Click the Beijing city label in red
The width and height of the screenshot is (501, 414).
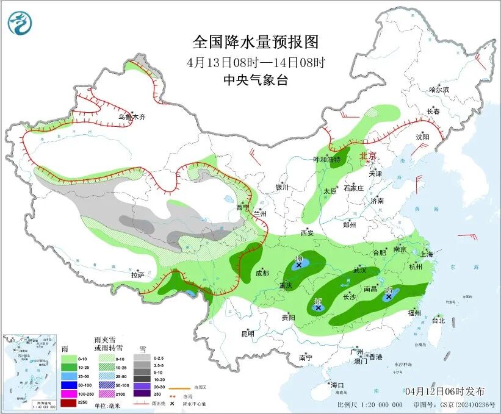pyautogui.click(x=369, y=156)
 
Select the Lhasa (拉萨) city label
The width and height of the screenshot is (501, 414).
pyautogui.click(x=137, y=275)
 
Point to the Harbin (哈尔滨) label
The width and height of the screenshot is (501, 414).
pyautogui.click(x=439, y=90)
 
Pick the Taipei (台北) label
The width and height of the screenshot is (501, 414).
pyautogui.click(x=439, y=320)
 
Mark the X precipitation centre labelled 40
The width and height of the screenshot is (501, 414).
pyautogui.click(x=299, y=265)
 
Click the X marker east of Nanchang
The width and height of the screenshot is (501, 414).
pyautogui.click(x=388, y=297)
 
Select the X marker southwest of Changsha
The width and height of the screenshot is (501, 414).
pyautogui.click(x=318, y=308)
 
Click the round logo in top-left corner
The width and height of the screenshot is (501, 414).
pyautogui.click(x=20, y=23)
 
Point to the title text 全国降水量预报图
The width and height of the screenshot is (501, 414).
pyautogui.click(x=255, y=42)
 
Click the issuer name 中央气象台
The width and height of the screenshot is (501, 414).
pyautogui.click(x=255, y=80)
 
